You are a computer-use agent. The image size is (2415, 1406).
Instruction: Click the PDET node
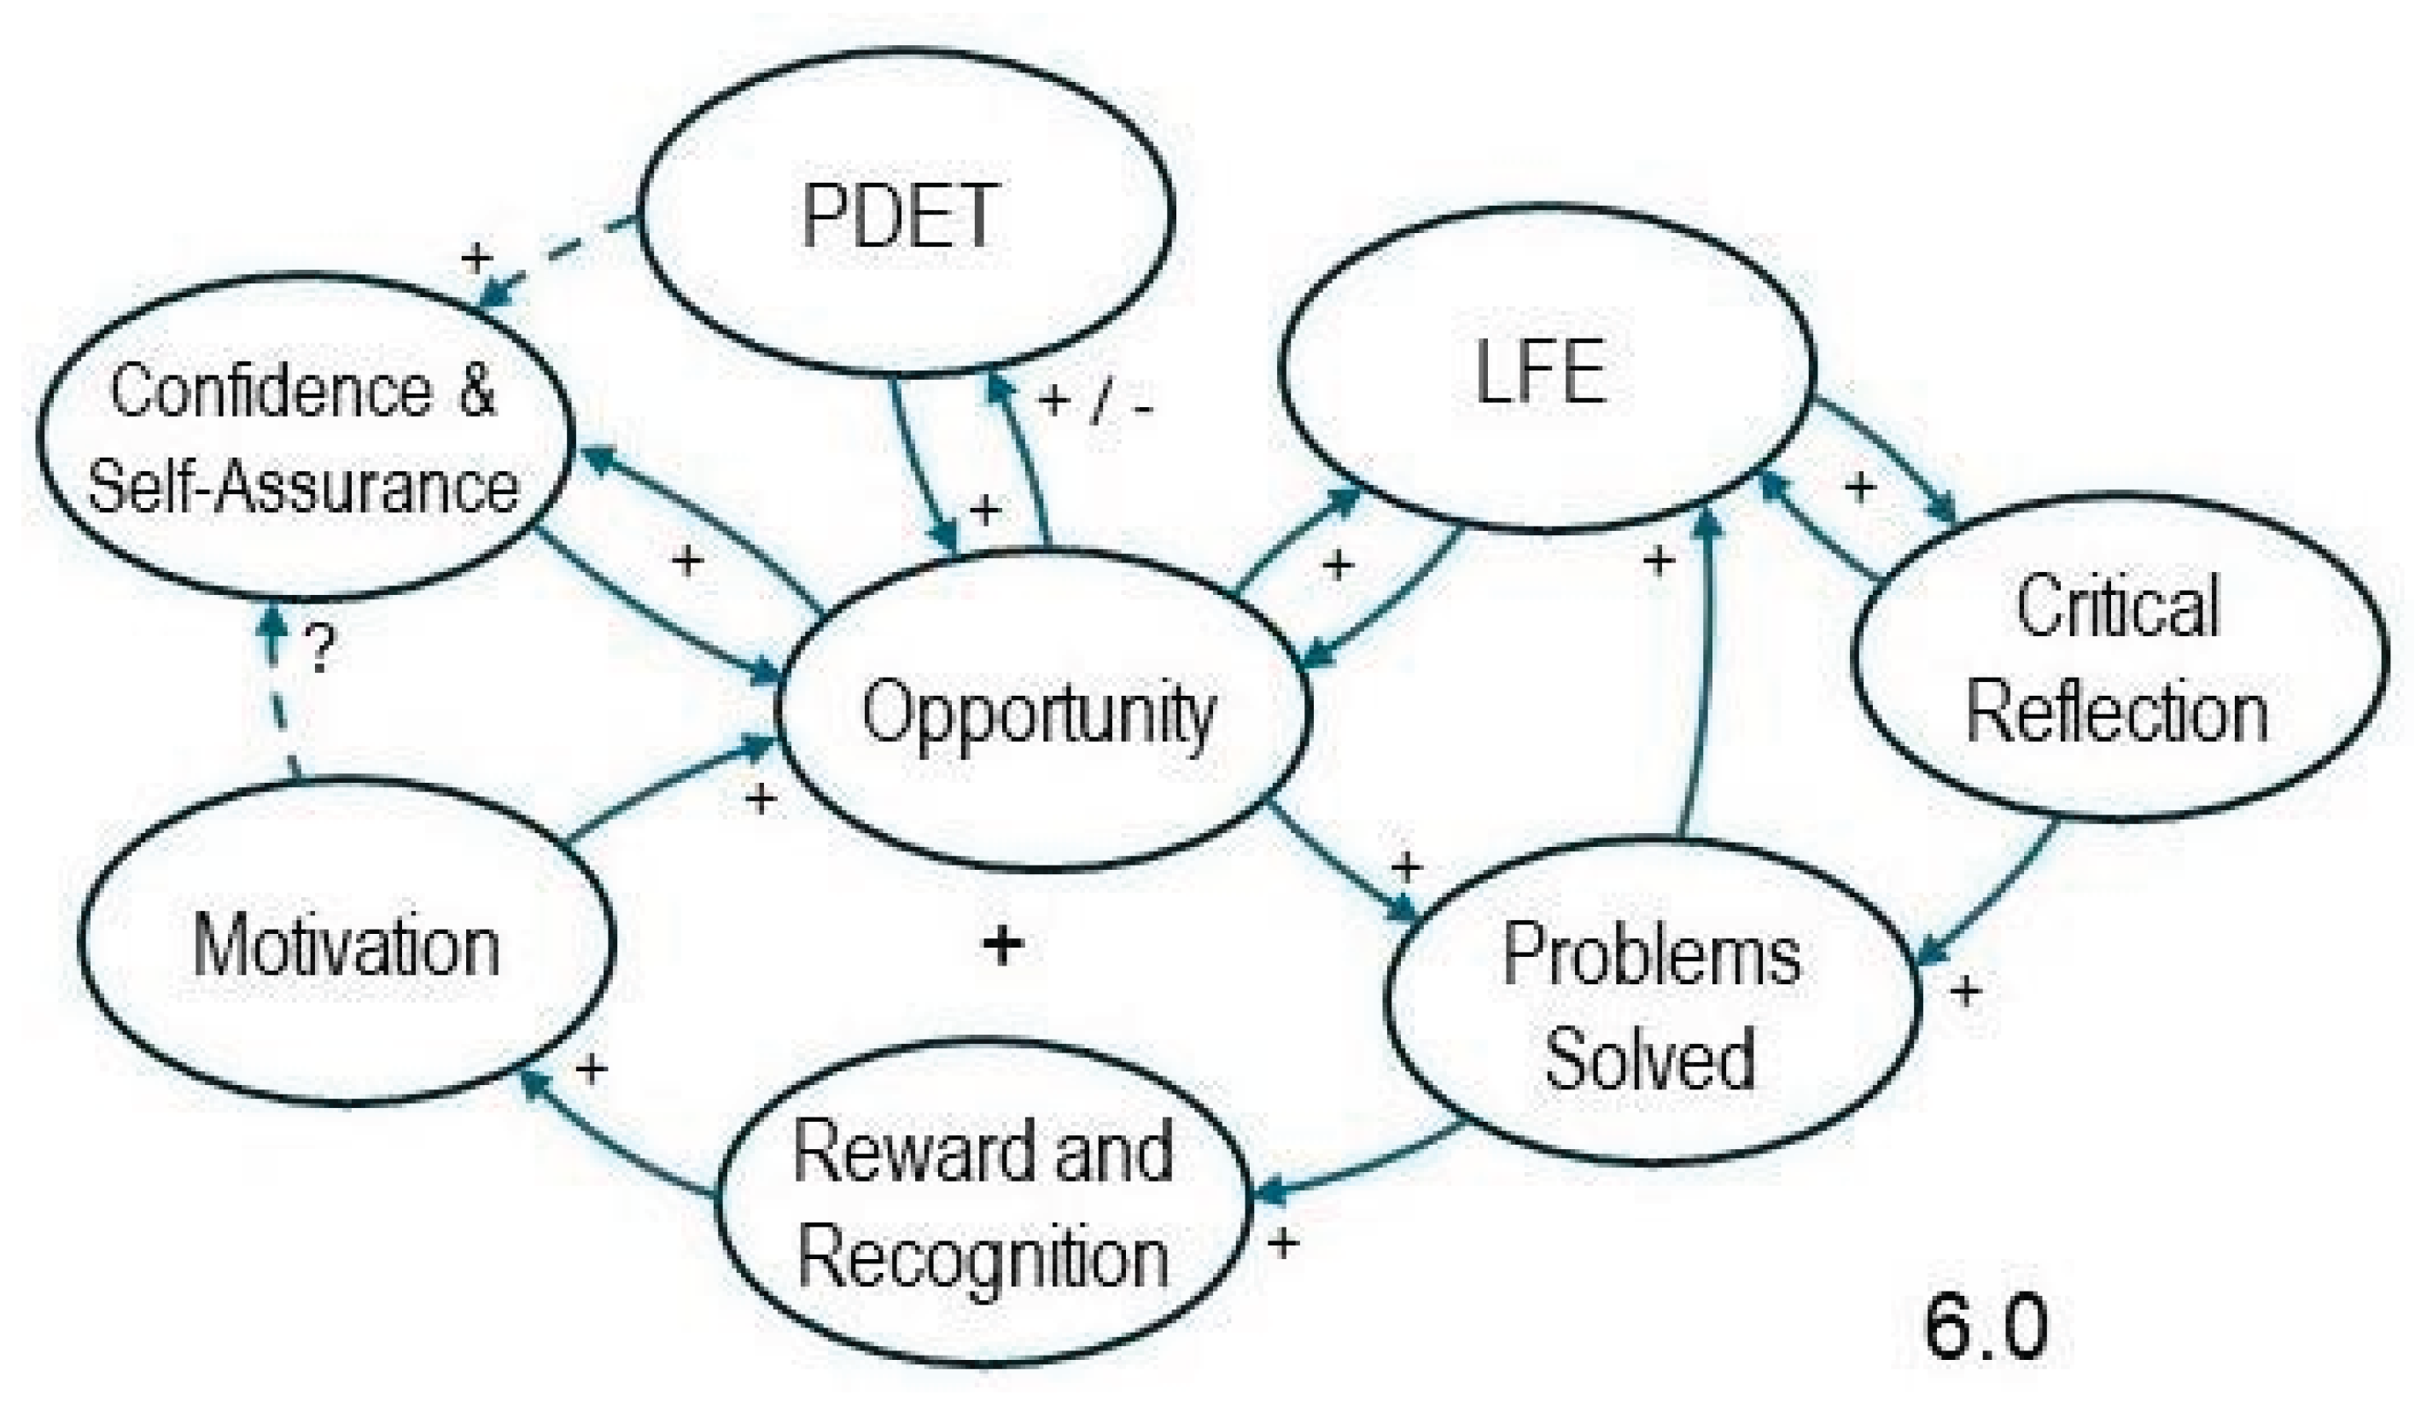tap(906, 212)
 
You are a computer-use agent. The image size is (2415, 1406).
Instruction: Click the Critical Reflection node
tap(2119, 659)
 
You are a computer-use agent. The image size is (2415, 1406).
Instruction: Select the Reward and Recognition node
tap(984, 1205)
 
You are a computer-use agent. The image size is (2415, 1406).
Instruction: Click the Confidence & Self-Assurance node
tap(306, 438)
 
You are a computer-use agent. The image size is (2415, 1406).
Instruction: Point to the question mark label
tap(321, 649)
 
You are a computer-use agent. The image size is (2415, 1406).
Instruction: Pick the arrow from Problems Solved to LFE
tap(1701, 671)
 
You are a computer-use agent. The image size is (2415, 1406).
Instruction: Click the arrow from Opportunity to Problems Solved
tap(1342, 862)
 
